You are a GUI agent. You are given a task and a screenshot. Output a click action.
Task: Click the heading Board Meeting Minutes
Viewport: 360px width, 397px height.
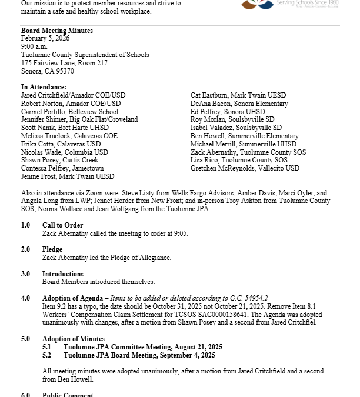coord(57,31)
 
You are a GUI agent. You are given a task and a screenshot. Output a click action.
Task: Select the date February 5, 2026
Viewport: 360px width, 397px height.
coord(45,38)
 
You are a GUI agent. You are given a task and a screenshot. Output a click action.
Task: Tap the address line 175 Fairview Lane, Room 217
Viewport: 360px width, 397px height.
coord(64,63)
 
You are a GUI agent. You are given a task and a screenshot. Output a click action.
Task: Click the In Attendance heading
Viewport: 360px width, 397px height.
coord(44,87)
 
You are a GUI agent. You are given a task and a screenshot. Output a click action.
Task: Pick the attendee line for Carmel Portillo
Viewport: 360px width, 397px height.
coord(69,111)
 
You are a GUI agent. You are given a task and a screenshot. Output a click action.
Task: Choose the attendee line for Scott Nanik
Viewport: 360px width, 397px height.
coord(65,128)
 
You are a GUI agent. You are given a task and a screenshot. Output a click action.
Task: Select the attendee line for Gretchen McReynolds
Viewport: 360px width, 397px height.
coord(245,168)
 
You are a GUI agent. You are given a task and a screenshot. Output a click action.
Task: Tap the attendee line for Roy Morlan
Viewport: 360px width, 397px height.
coord(232,119)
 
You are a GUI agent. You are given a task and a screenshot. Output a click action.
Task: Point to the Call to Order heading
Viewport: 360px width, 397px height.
coord(62,225)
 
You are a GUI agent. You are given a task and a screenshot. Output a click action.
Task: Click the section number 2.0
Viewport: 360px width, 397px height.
coord(25,249)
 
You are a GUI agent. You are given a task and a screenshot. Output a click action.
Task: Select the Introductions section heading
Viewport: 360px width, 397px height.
coord(62,274)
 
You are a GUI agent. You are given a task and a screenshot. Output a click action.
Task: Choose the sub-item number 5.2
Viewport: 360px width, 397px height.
coord(46,355)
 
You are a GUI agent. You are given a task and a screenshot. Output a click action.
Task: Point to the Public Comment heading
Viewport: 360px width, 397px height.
coord(68,395)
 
